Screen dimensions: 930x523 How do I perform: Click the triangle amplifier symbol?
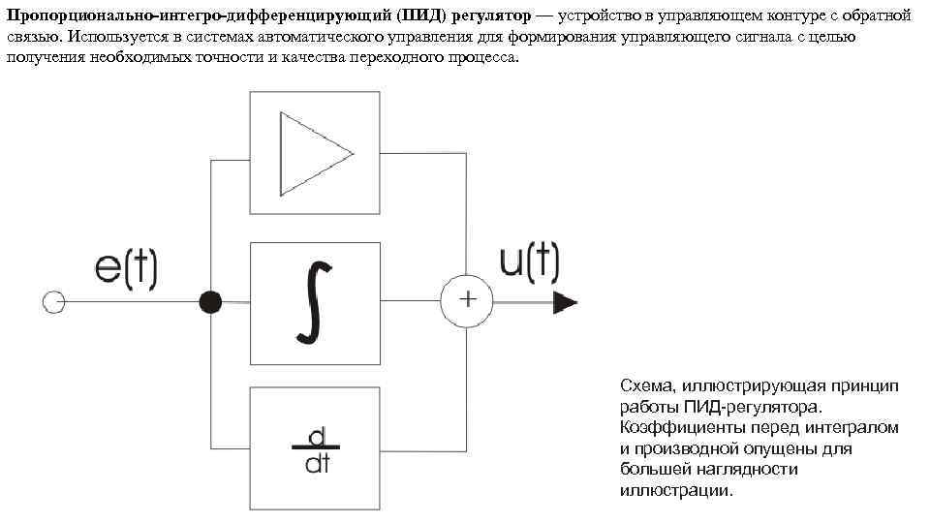[x=314, y=153]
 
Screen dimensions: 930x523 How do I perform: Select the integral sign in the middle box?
[x=312, y=302]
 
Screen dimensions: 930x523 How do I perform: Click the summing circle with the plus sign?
[x=467, y=301]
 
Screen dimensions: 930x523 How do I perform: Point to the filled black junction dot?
[x=209, y=302]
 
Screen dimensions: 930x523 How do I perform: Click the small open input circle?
[x=54, y=302]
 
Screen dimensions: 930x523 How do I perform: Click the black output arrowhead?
[x=565, y=302]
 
